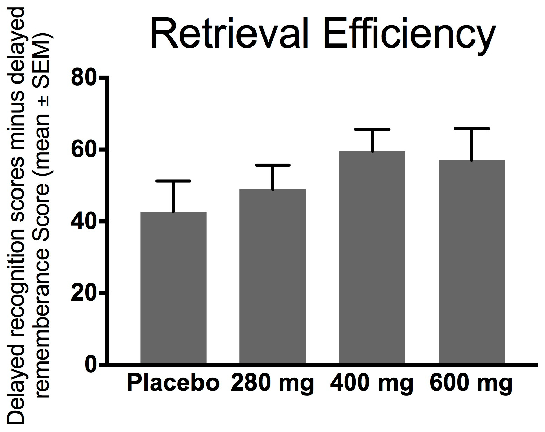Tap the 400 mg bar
(372, 257)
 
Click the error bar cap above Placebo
(173, 181)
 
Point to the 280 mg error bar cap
(273, 165)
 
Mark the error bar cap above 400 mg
(372, 129)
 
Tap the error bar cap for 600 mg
(472, 128)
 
